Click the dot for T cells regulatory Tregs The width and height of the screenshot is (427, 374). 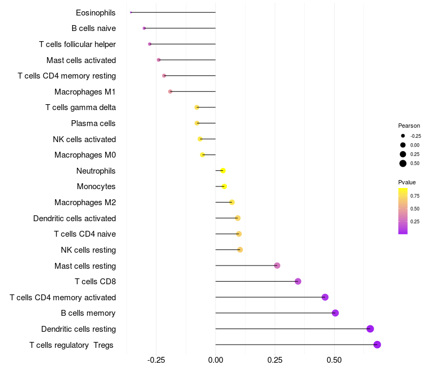click(x=377, y=345)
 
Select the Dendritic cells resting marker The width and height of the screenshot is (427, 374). click(x=370, y=329)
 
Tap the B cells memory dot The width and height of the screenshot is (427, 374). click(x=335, y=313)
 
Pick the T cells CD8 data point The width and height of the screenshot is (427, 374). click(x=298, y=282)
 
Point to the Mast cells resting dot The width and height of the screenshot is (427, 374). click(x=277, y=266)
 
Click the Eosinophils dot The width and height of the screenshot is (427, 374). click(x=131, y=12)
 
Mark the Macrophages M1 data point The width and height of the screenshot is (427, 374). click(x=170, y=91)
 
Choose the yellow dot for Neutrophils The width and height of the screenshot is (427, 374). click(x=223, y=170)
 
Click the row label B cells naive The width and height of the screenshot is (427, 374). click(x=93, y=28)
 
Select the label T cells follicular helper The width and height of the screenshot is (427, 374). click(x=77, y=44)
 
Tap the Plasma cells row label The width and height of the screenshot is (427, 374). click(x=93, y=123)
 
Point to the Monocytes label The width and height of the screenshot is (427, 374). click(x=96, y=186)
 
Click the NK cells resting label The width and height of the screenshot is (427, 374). click(x=88, y=250)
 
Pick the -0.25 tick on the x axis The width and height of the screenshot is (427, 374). click(x=156, y=360)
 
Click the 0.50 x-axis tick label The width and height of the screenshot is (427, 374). click(x=334, y=360)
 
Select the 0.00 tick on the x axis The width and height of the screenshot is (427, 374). click(x=216, y=360)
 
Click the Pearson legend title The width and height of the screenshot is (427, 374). click(x=409, y=126)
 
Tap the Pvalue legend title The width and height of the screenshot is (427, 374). click(x=407, y=182)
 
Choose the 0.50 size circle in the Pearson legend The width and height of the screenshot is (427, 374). click(x=403, y=163)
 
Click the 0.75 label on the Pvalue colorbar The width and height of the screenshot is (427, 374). click(x=415, y=196)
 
